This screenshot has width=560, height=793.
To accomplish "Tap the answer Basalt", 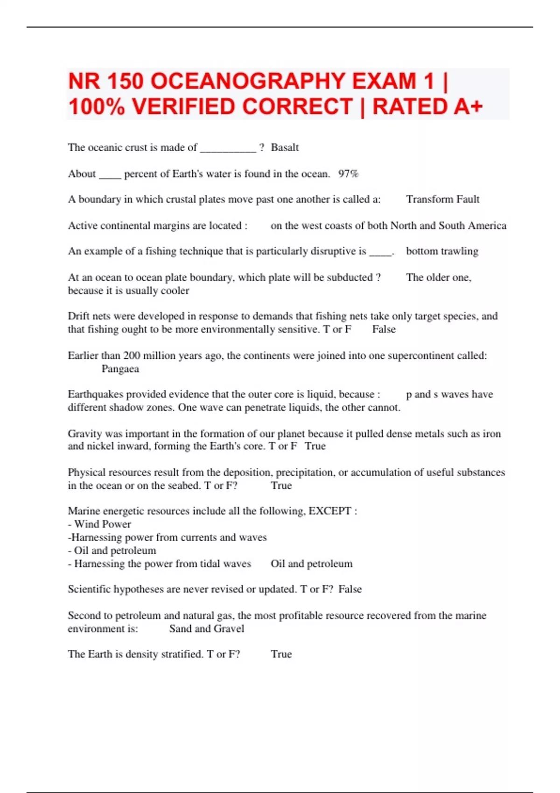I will [285, 147].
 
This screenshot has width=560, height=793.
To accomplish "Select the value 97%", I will [348, 174].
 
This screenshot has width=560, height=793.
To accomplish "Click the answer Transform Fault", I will [442, 199].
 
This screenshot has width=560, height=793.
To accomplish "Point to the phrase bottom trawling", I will [442, 251].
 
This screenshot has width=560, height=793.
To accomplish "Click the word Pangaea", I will [120, 369].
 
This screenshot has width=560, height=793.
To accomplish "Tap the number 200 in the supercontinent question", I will [132, 355].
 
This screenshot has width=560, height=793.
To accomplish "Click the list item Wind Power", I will [102, 524].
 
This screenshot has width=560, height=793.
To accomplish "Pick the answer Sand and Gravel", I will [206, 628].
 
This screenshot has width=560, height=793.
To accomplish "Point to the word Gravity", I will [84, 433].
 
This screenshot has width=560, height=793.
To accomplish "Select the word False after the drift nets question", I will [384, 329].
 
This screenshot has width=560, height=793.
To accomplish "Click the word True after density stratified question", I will [281, 654].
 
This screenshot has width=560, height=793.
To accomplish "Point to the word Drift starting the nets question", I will [79, 316].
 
